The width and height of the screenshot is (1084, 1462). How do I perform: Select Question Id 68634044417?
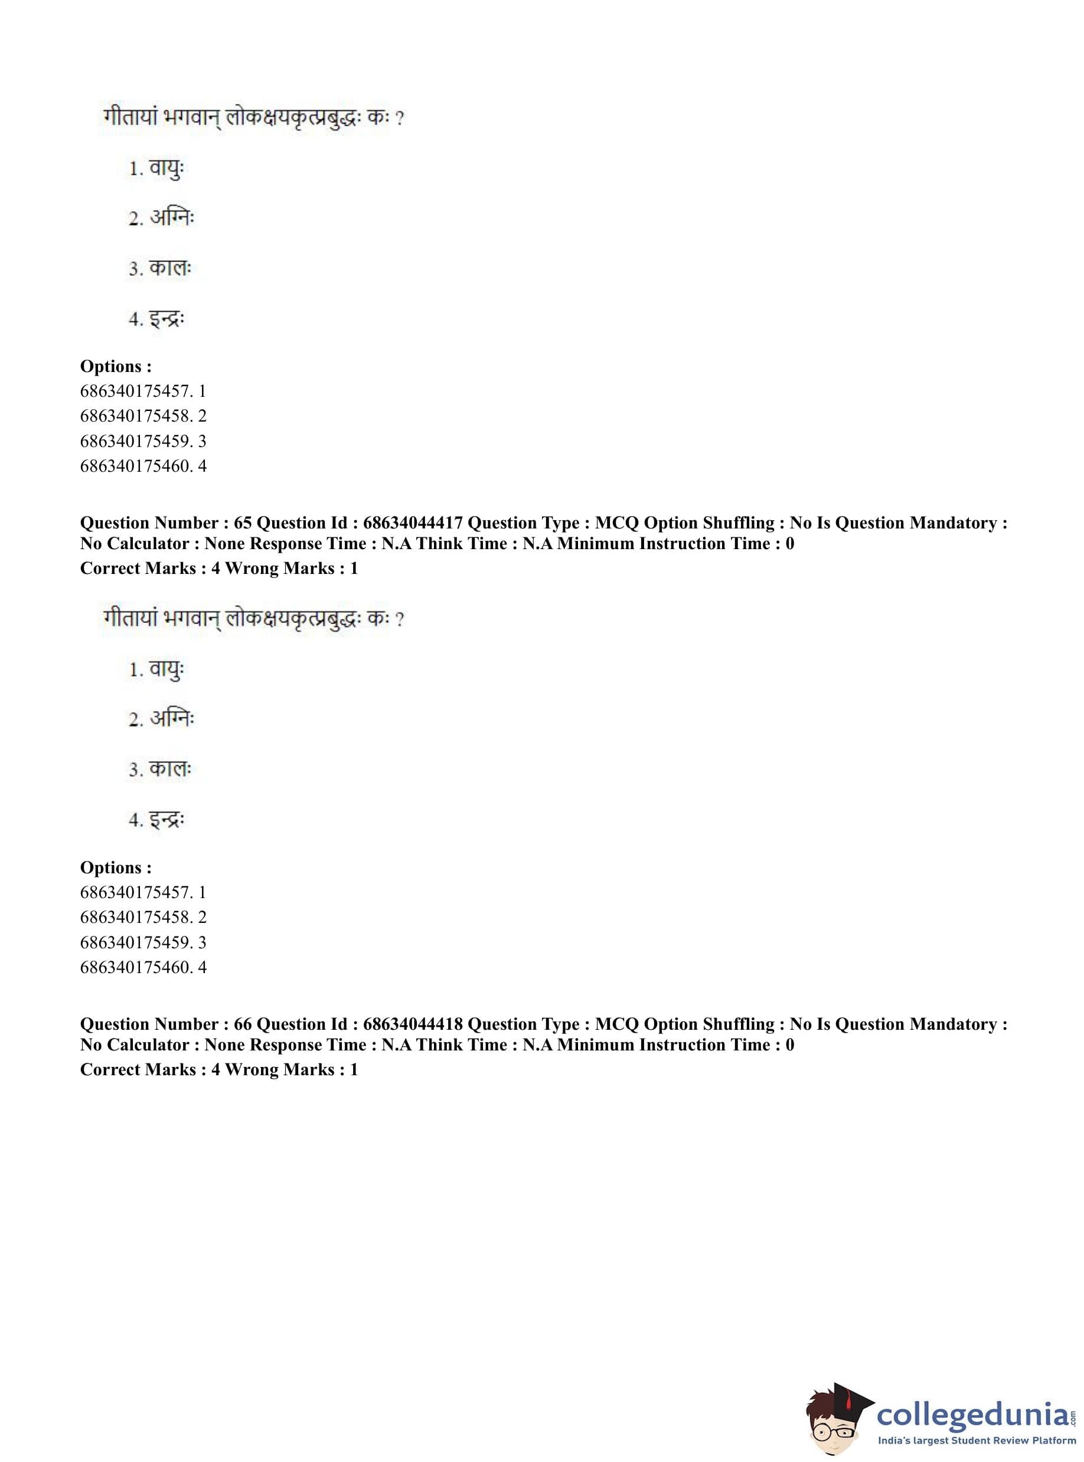(x=413, y=523)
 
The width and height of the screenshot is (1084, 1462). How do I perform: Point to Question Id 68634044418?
(x=413, y=1024)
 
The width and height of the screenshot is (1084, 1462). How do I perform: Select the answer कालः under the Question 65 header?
(x=170, y=768)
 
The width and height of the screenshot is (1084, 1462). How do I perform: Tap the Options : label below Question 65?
(x=116, y=867)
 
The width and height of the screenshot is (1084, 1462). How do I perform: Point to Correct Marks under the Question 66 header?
(x=138, y=1069)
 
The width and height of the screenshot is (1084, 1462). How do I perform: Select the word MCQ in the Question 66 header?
(x=616, y=1024)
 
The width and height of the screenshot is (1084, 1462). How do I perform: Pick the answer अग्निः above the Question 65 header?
(x=172, y=218)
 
